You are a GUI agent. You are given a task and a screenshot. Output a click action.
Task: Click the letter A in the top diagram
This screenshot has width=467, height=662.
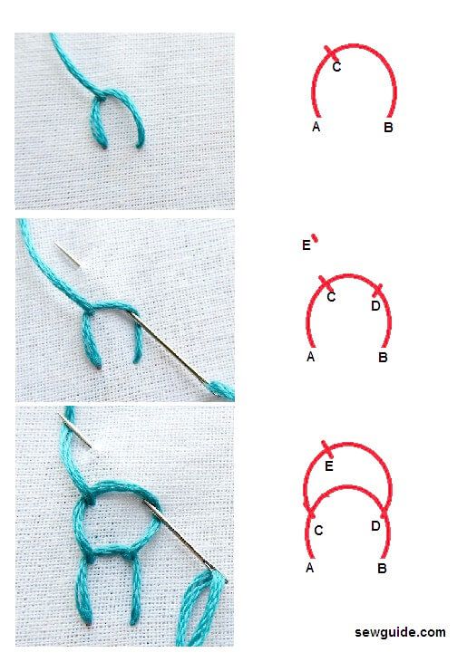[316, 127]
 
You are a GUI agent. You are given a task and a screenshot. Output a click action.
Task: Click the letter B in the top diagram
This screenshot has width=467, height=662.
[388, 128]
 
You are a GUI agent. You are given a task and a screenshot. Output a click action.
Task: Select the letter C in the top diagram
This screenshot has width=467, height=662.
[336, 66]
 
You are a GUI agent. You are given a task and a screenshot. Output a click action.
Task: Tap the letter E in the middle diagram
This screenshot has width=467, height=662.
[306, 245]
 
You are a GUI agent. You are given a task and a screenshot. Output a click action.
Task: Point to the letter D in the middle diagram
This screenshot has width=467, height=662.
[375, 307]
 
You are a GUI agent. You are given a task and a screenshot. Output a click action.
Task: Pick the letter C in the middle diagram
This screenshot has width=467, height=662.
[331, 297]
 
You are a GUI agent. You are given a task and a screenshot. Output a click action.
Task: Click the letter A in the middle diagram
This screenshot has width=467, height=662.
[311, 357]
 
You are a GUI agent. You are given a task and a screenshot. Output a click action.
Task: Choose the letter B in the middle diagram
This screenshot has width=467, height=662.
[383, 358]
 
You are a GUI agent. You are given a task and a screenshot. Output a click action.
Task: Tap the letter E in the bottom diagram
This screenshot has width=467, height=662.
[329, 466]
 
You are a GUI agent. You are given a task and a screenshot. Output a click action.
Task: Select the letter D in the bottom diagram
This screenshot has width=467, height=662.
[375, 525]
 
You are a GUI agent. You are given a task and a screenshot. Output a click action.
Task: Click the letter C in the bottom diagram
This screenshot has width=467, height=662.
[318, 530]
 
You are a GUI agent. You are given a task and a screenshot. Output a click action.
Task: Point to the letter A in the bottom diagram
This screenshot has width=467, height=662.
[310, 568]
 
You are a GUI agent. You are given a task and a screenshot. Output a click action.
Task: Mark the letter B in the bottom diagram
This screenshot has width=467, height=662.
[382, 569]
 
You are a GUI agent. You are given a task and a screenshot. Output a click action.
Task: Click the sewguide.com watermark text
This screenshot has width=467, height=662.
[400, 632]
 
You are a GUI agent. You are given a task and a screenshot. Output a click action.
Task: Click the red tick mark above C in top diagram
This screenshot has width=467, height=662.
[332, 53]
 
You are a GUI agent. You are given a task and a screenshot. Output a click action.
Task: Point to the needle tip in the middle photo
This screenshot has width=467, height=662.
[57, 245]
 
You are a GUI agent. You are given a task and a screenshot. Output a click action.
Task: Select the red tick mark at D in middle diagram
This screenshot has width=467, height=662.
[377, 291]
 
